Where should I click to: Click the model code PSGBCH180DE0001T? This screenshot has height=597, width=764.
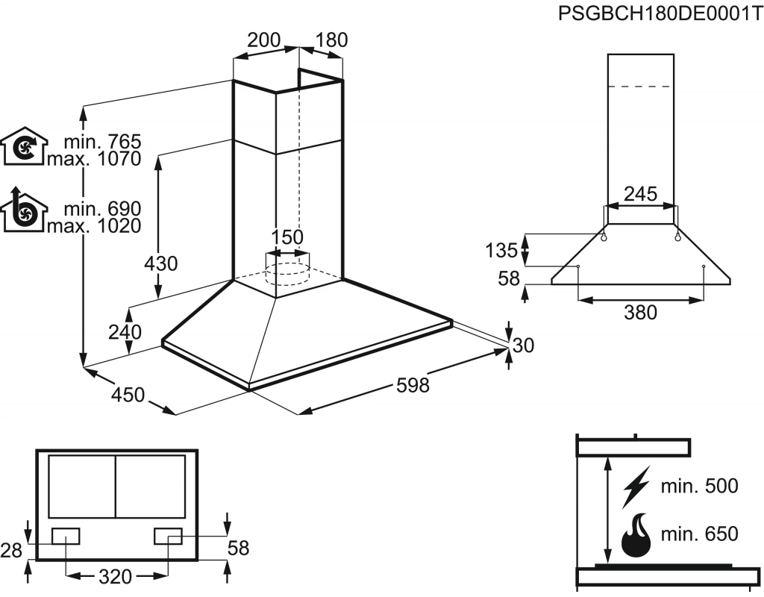click(660, 15)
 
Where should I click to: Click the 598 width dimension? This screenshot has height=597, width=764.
click(413, 385)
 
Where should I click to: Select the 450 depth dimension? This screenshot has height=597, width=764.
click(128, 395)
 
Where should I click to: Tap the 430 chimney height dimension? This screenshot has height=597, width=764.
click(162, 263)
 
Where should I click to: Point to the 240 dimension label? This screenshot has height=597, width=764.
click(124, 332)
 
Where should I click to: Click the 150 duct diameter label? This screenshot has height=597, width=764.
click(286, 237)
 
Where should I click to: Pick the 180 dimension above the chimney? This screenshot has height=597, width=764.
click(331, 40)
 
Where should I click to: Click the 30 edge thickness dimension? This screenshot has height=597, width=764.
click(523, 345)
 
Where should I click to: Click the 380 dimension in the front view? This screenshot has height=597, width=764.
click(640, 313)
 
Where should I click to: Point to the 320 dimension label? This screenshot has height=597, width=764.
click(115, 576)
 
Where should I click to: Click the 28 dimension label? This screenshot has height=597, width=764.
click(11, 550)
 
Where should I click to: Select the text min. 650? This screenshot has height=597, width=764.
click(699, 534)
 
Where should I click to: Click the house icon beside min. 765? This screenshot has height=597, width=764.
click(25, 146)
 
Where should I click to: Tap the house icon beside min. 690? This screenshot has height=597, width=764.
click(25, 212)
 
